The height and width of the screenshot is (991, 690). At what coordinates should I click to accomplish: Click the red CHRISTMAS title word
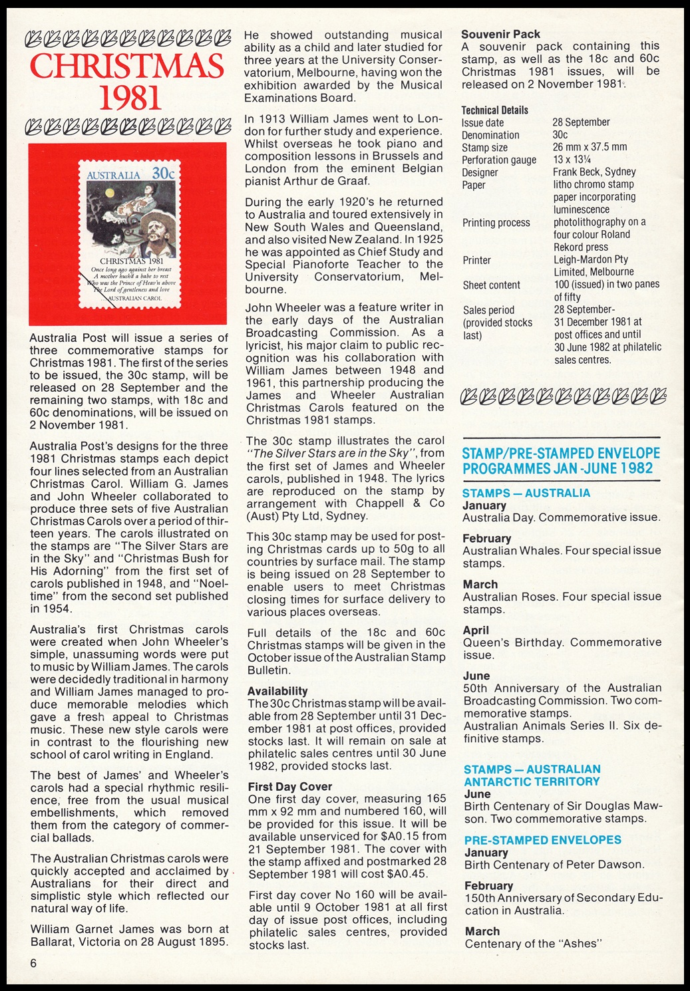[127, 66]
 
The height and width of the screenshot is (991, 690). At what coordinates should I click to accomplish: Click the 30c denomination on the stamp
[162, 173]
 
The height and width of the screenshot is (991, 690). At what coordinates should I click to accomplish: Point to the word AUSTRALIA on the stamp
[114, 175]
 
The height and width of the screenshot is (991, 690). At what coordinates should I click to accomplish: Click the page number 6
[33, 964]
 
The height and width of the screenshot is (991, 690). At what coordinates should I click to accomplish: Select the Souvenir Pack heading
[500, 34]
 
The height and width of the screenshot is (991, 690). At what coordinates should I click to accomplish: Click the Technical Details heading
[494, 110]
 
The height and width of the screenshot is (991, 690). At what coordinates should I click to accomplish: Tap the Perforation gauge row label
[498, 160]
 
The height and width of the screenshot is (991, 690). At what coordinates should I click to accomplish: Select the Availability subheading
[277, 691]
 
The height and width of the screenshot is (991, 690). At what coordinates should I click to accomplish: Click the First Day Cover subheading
[289, 786]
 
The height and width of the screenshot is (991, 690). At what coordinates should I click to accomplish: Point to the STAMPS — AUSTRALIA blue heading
[526, 493]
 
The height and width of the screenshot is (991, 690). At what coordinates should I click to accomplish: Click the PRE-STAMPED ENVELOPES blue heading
[542, 840]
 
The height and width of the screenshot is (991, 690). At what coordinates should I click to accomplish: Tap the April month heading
[476, 630]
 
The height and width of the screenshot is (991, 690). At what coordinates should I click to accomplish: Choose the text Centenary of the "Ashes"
[533, 944]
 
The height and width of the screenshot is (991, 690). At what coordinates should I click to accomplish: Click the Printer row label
[476, 260]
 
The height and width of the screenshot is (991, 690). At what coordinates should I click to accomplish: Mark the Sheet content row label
[491, 285]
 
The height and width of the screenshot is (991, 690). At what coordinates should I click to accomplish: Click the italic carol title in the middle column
[331, 453]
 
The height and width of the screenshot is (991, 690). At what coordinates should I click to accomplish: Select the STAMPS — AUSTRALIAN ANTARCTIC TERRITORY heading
[532, 776]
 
